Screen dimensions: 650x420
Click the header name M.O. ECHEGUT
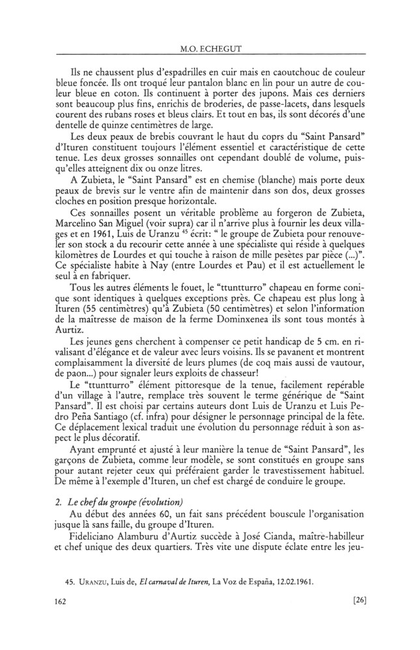tap(210, 47)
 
